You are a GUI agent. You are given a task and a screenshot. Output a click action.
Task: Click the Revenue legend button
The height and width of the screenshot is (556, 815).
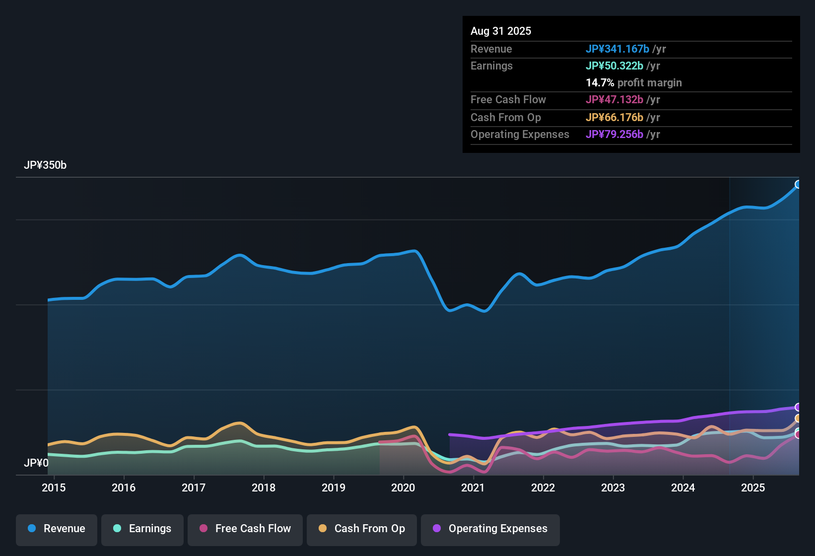coord(57,529)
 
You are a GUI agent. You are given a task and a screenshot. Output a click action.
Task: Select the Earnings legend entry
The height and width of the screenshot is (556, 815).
coord(142,529)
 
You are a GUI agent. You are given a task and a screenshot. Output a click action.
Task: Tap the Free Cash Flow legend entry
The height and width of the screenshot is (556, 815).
coord(245,529)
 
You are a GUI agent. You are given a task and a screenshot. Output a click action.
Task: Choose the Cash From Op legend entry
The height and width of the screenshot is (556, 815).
coord(362,529)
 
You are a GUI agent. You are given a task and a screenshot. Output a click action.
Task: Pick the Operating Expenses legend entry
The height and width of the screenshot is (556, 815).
coord(490,529)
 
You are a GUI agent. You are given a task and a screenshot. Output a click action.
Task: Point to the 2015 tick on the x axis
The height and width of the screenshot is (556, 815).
coord(54,487)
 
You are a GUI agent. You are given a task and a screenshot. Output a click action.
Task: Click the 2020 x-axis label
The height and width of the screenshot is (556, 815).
coord(403,487)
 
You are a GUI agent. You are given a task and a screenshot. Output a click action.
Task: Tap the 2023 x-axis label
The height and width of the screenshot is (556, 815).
coord(613,487)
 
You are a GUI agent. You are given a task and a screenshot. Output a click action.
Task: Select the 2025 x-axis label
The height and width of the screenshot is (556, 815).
coord(753,487)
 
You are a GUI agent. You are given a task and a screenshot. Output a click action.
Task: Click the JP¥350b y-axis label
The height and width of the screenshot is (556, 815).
coord(45,165)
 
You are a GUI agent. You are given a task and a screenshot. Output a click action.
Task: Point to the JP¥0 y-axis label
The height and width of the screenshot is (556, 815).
coord(36,463)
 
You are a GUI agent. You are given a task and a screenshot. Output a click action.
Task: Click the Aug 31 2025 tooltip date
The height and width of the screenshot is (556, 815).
coord(501,31)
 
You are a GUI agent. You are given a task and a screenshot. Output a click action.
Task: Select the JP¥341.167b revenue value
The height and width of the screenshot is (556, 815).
coord(617,49)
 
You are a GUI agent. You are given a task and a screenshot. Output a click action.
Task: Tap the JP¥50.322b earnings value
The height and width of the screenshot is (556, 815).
coord(614,66)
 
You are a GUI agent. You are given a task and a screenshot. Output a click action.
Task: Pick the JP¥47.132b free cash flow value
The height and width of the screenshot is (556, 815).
coord(614,99)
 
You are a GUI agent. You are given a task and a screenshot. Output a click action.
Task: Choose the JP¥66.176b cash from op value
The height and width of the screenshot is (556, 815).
coord(614,117)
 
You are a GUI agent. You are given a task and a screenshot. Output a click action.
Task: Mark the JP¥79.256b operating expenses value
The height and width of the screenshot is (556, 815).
coord(614,134)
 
